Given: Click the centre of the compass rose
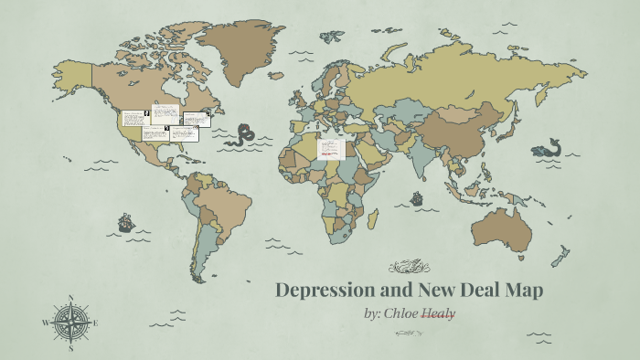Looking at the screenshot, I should pos(69,323).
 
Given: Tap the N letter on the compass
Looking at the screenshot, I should pos(70,297).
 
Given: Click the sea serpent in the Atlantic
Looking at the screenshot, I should pos(242,136).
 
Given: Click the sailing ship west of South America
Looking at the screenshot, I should pos(125,222).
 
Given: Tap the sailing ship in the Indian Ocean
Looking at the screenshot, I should pos(417,196).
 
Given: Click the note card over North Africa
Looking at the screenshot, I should pos(330,147).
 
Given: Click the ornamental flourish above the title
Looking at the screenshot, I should pos(409,267).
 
